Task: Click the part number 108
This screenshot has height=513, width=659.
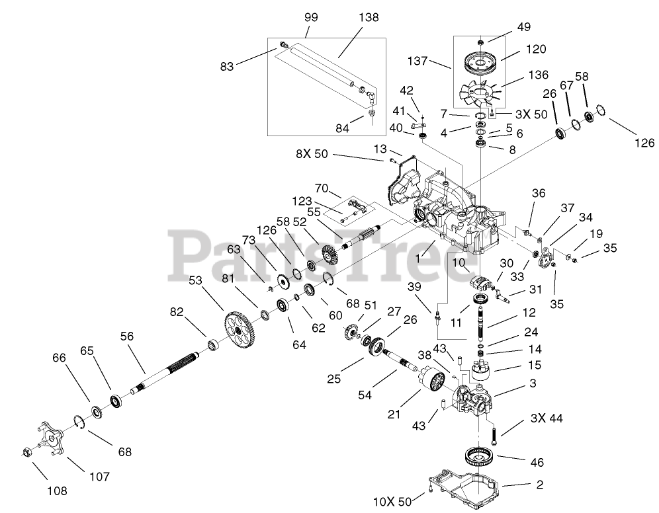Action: pos(57,491)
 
